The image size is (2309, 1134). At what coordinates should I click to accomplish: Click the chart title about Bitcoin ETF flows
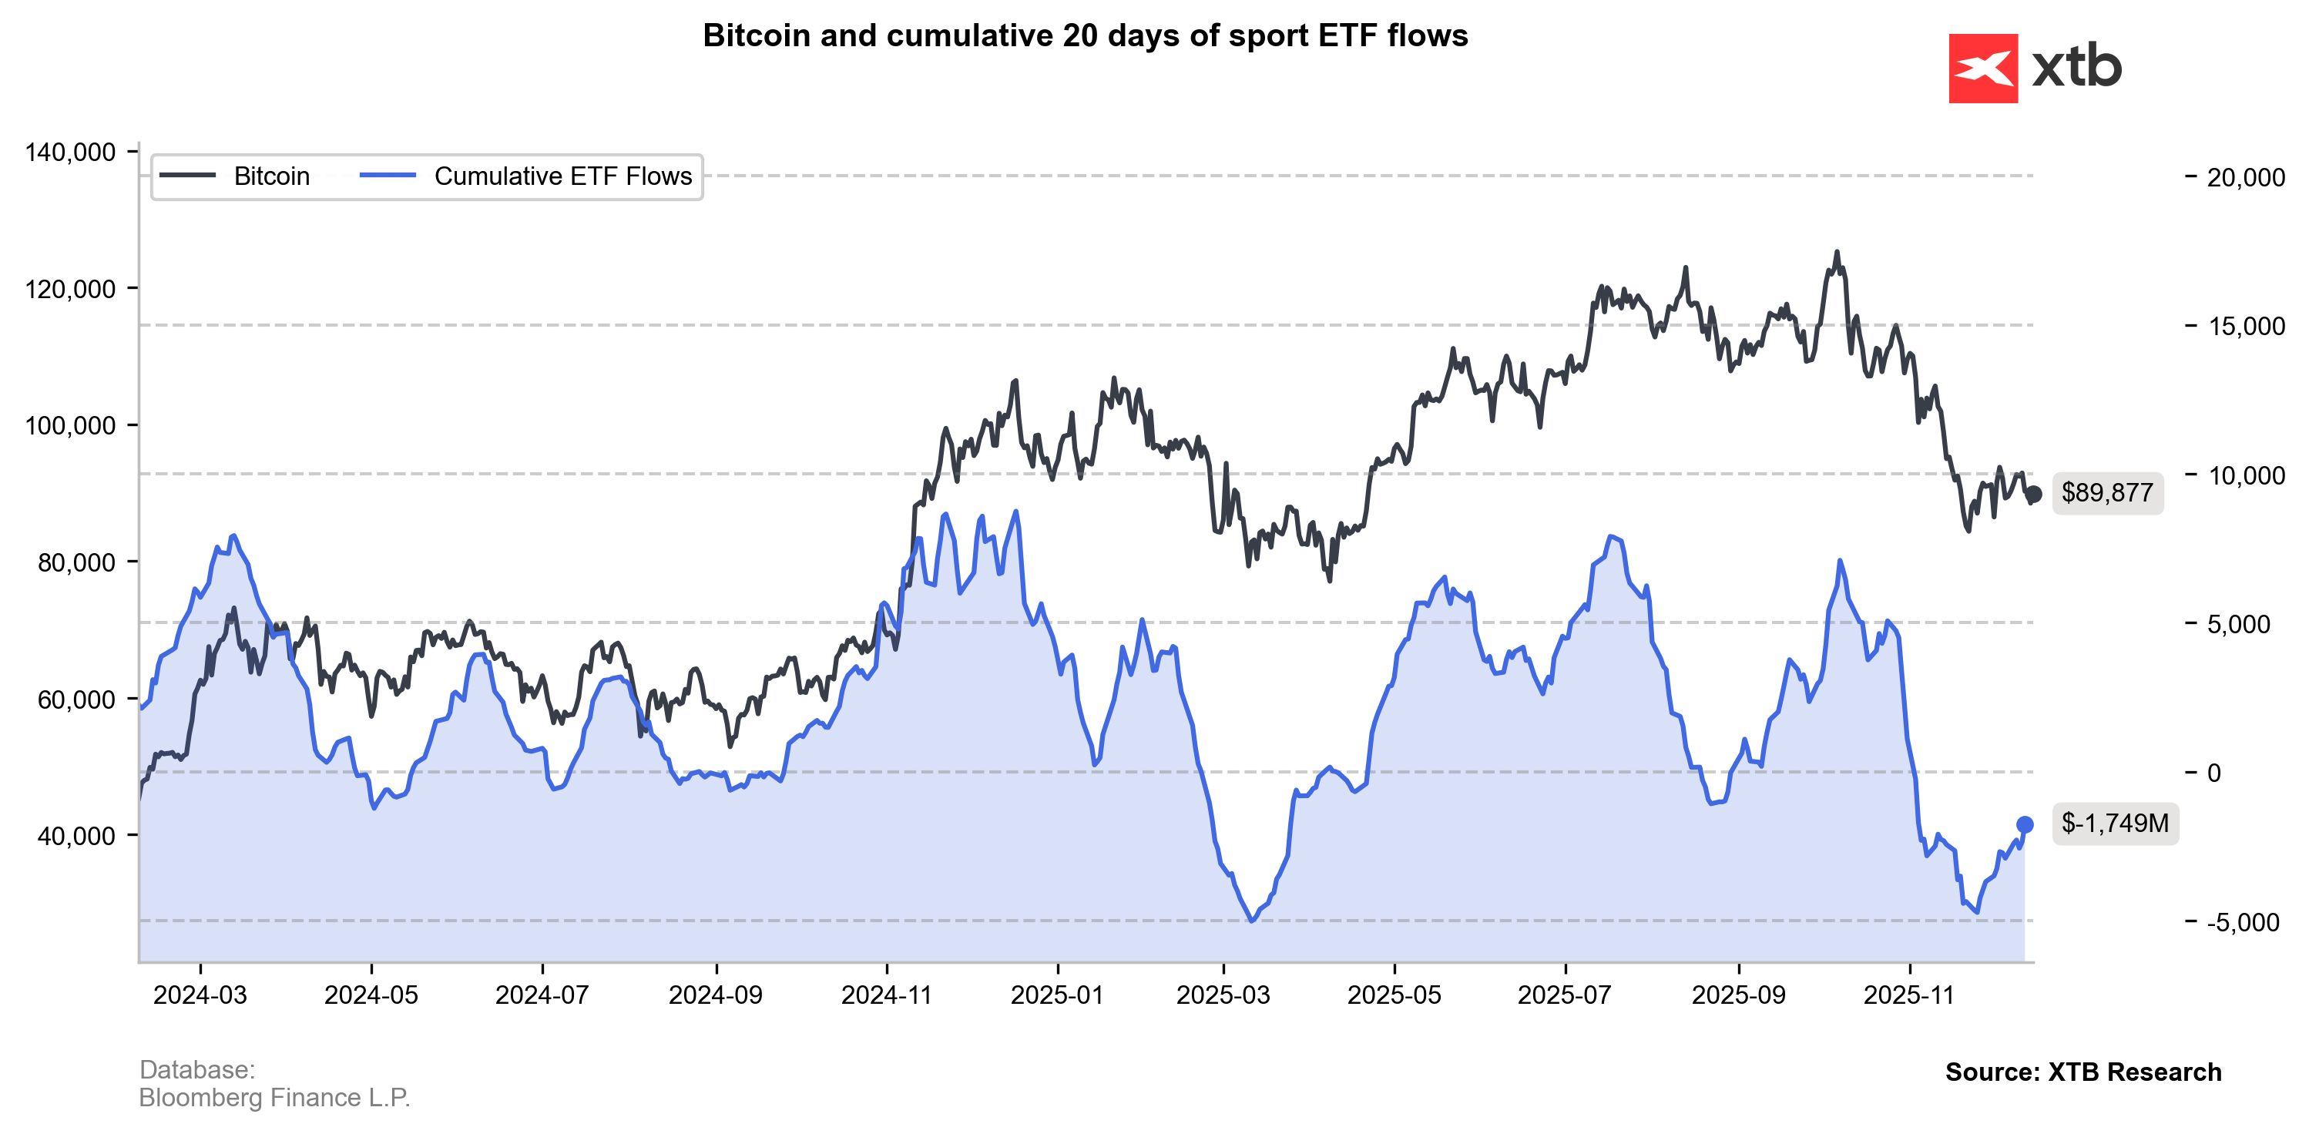[1085, 36]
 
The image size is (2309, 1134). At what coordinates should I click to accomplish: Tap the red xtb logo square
[1983, 68]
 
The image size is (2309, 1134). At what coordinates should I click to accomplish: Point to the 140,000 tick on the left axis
[71, 153]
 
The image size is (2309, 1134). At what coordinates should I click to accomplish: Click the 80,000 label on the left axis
[77, 562]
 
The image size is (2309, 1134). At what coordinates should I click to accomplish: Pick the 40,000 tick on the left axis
[77, 836]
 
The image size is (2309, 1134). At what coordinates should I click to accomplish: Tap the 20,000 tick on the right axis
[2245, 177]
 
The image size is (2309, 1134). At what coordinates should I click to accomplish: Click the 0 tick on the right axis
[2214, 773]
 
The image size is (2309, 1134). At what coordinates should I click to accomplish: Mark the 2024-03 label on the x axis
[200, 995]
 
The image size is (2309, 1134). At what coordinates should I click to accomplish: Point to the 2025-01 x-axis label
[1058, 995]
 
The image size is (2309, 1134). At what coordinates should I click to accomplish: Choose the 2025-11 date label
[1909, 995]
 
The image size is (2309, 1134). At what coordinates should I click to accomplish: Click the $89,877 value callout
[2107, 493]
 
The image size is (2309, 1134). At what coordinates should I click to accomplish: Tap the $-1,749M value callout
[2115, 823]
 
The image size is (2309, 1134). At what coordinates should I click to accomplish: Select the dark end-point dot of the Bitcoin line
[2034, 494]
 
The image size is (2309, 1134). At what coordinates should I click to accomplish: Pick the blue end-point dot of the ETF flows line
[2025, 825]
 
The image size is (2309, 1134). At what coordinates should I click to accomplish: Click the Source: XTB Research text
[2083, 1072]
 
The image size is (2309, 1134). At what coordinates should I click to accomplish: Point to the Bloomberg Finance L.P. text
[274, 1097]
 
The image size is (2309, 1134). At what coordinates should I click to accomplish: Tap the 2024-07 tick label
[542, 995]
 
